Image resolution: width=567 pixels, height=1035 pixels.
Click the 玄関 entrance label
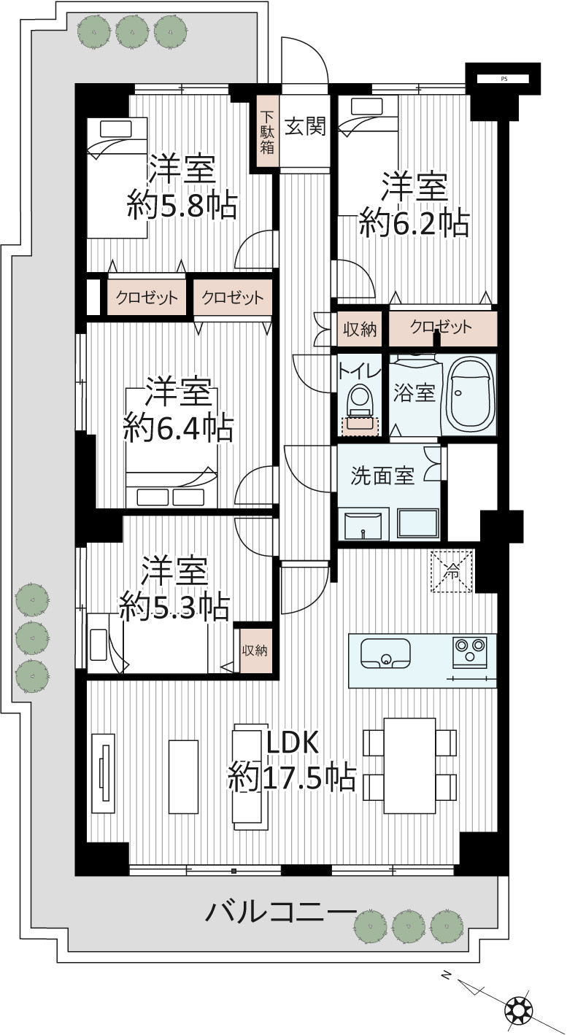point(305,125)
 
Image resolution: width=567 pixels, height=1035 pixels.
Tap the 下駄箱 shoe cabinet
point(267,132)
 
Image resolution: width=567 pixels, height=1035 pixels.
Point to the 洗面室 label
point(382,476)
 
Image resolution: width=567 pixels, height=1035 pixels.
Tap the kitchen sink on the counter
point(385,654)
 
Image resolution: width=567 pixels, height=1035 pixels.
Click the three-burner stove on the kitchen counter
point(469,652)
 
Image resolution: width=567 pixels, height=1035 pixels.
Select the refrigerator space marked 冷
point(452,571)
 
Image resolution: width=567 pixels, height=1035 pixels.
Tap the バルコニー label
point(281,912)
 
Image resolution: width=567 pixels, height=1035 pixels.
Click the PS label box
point(504,79)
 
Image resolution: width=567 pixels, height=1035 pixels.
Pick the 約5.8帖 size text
point(182,205)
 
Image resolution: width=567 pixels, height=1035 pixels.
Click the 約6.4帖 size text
point(178,428)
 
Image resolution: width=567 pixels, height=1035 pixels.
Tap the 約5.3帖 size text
point(174,606)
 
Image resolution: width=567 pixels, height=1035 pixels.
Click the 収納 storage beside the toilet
point(360,329)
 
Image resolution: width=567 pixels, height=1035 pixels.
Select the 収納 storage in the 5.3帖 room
point(255,650)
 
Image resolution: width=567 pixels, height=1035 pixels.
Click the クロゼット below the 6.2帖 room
point(443,328)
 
